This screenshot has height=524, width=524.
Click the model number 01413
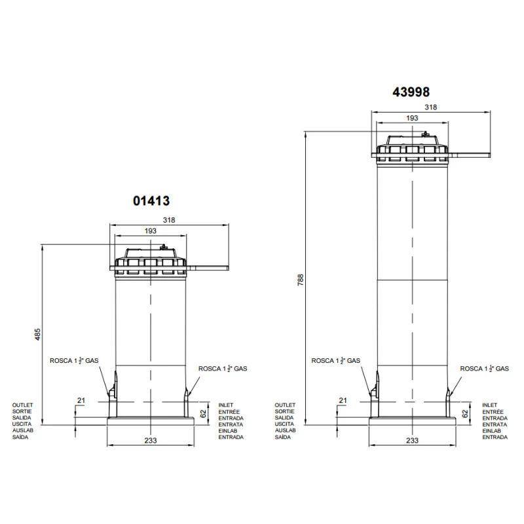click(x=151, y=201)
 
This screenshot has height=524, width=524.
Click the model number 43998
click(x=411, y=92)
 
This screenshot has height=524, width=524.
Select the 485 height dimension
click(x=38, y=335)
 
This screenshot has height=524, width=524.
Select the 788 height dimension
click(x=301, y=280)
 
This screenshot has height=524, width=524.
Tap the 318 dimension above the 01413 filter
click(x=169, y=220)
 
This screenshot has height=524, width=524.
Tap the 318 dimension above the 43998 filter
click(x=431, y=107)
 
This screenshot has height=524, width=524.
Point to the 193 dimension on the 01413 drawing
click(x=151, y=231)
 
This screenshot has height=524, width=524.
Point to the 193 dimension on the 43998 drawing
click(x=412, y=118)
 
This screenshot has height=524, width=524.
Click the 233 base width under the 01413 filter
click(x=151, y=440)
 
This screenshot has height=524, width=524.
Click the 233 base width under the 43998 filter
click(x=413, y=440)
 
